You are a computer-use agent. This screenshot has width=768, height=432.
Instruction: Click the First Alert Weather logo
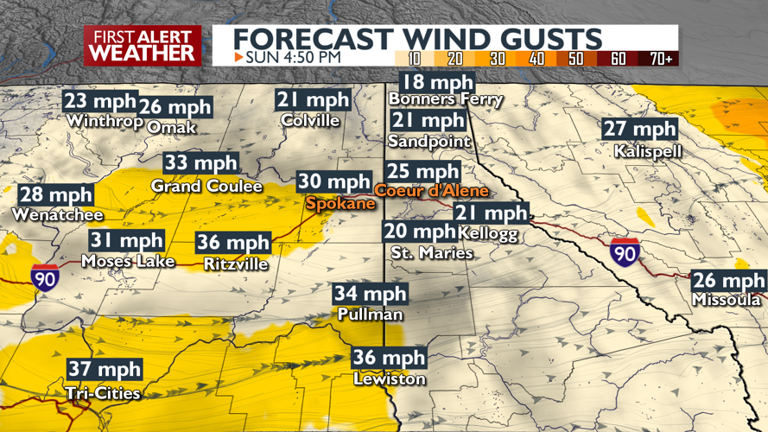click(143, 45)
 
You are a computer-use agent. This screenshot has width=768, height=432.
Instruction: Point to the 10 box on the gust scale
click(414, 59)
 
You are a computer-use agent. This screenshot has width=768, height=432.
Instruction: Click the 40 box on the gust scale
click(536, 59)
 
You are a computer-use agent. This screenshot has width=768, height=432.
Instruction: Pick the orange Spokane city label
click(340, 203)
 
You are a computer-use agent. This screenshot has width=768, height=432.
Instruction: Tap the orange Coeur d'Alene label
click(431, 191)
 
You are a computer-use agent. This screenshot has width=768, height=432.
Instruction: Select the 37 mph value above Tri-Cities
click(105, 370)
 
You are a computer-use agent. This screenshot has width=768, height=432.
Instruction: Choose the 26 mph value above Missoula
click(728, 281)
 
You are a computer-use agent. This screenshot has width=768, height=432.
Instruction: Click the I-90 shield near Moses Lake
click(45, 276)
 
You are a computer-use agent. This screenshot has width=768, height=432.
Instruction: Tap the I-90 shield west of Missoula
click(624, 252)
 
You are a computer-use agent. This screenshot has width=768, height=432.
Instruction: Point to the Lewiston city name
click(389, 379)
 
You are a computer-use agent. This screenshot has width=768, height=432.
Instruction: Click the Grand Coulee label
click(194, 186)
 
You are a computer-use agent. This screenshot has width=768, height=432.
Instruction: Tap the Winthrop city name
click(104, 121)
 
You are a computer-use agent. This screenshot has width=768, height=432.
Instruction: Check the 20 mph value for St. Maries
click(420, 232)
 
